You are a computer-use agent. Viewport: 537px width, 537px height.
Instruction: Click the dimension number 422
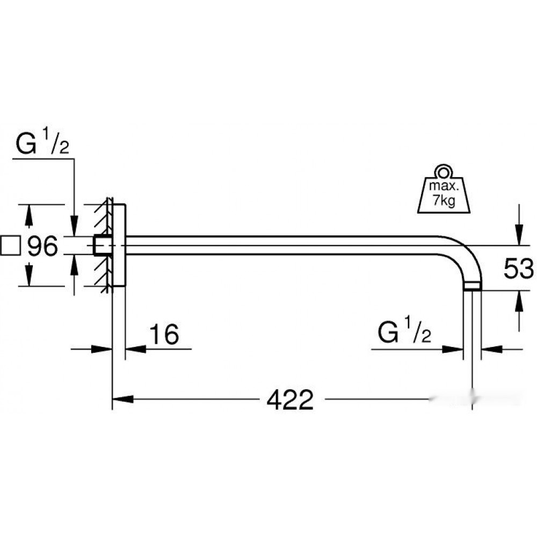[x=290, y=400]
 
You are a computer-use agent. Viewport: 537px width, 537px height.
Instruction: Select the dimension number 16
[x=164, y=334]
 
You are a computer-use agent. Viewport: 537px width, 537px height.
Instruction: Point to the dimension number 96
[x=42, y=245]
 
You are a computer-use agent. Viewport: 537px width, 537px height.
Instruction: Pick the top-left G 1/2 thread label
[x=42, y=141]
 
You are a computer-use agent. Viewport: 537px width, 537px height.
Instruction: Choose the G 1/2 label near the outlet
[x=404, y=330]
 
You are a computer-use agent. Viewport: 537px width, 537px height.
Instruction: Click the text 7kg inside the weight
[x=444, y=200]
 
